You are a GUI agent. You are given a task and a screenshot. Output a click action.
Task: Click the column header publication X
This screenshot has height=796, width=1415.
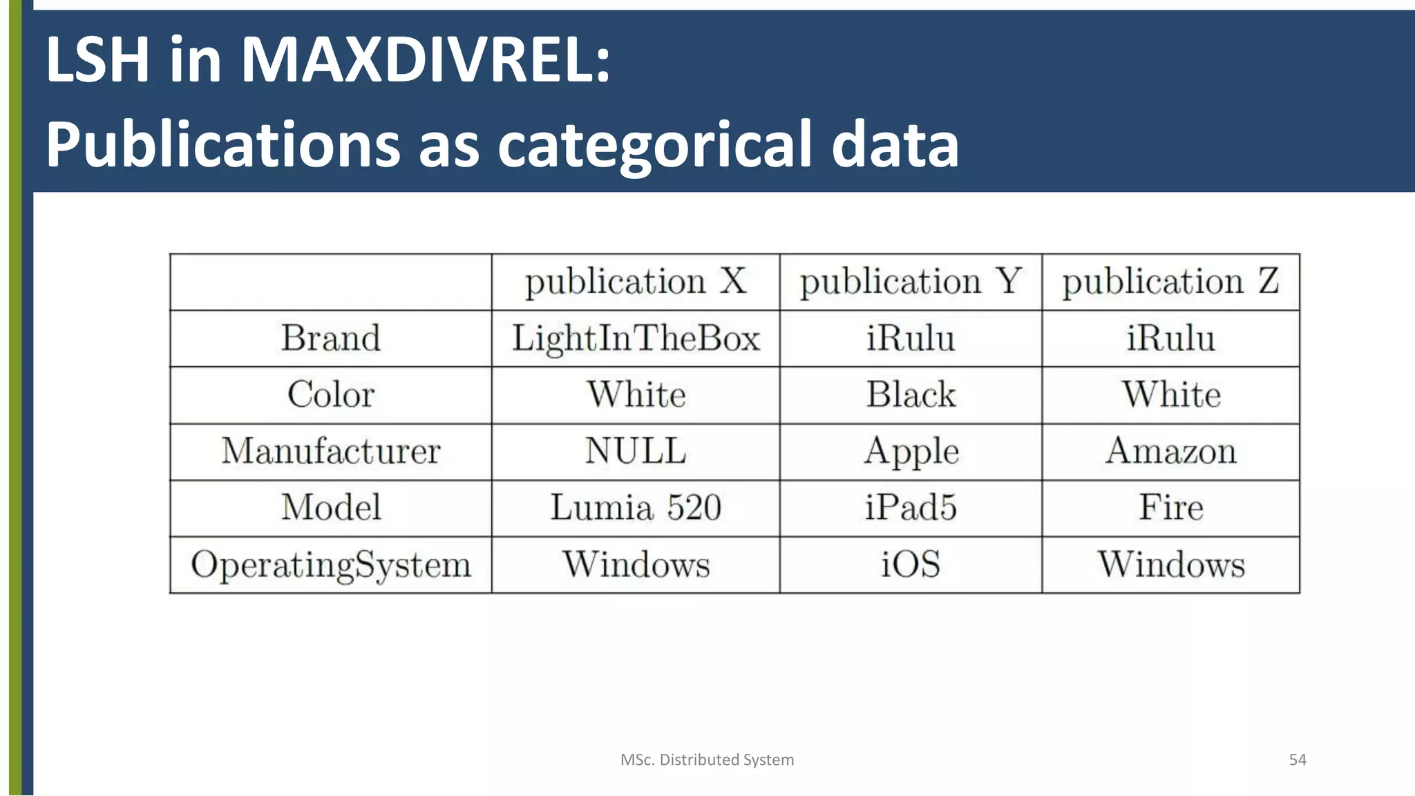[636, 282]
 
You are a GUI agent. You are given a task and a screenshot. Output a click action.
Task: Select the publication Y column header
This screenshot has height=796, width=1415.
[911, 282]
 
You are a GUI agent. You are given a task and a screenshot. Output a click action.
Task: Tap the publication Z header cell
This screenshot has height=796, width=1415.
[1170, 282]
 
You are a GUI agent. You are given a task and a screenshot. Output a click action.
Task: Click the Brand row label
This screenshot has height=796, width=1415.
[331, 339]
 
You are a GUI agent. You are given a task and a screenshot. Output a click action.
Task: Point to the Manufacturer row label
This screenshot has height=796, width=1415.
[331, 451]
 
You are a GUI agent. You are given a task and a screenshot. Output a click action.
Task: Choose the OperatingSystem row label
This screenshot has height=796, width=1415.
[331, 565]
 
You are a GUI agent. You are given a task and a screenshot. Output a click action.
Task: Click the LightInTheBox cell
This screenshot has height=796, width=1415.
[636, 339]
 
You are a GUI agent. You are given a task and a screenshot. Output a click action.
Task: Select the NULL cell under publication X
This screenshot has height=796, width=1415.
[636, 451]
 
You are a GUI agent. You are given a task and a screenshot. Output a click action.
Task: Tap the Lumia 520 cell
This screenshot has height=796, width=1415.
[636, 508]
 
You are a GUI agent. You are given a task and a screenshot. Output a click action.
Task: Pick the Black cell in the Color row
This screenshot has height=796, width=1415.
[911, 395]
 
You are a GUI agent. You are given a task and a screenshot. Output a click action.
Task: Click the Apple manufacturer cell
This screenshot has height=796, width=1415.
[911, 451]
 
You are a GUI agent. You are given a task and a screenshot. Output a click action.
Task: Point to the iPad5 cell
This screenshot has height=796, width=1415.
[911, 508]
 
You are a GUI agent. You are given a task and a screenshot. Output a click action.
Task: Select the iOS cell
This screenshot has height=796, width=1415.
[911, 565]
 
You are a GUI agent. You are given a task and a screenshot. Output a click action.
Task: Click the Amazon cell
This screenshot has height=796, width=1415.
[1170, 451]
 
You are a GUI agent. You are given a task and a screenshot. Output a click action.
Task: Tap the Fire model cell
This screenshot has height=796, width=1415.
[1170, 508]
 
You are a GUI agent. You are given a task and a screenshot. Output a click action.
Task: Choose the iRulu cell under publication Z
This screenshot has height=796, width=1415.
[1170, 339]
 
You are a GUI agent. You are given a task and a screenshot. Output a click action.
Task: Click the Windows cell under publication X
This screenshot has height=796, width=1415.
[636, 565]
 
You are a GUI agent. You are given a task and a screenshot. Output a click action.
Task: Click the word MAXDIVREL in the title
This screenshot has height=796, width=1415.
[425, 61]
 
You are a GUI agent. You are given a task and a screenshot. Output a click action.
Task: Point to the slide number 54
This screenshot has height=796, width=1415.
[1298, 760]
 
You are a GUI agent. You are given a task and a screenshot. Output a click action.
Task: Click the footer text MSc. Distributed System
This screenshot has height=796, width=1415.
[707, 760]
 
